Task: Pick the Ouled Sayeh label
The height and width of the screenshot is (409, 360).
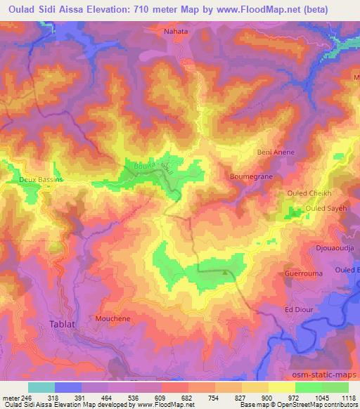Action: [x=325, y=209]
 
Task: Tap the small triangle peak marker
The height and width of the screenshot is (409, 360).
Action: [x=225, y=273]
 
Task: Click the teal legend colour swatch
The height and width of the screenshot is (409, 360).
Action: [x=41, y=387]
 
